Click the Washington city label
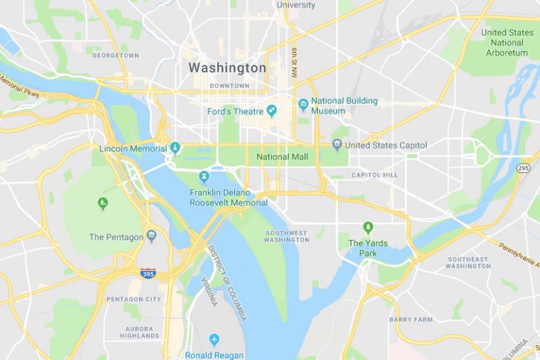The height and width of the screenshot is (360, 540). pos(227,68)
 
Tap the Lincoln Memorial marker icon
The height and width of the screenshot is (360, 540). pos(175,148)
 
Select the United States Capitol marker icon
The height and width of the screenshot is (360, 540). pos(337,145)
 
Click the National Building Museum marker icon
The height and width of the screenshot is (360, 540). pos(303,105)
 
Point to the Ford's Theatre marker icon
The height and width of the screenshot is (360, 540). pos(271,111)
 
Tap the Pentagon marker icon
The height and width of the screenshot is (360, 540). pos(151,236)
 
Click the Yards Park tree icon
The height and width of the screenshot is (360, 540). pos(367,227)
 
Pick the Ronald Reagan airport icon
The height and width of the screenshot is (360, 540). pos(214,340)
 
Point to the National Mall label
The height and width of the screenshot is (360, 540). pos(283,157)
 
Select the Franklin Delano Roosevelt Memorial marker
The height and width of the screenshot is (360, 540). pos(204,176)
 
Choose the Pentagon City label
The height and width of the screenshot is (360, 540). pos(134,299)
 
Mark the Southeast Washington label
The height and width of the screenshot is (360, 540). pos(468,262)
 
